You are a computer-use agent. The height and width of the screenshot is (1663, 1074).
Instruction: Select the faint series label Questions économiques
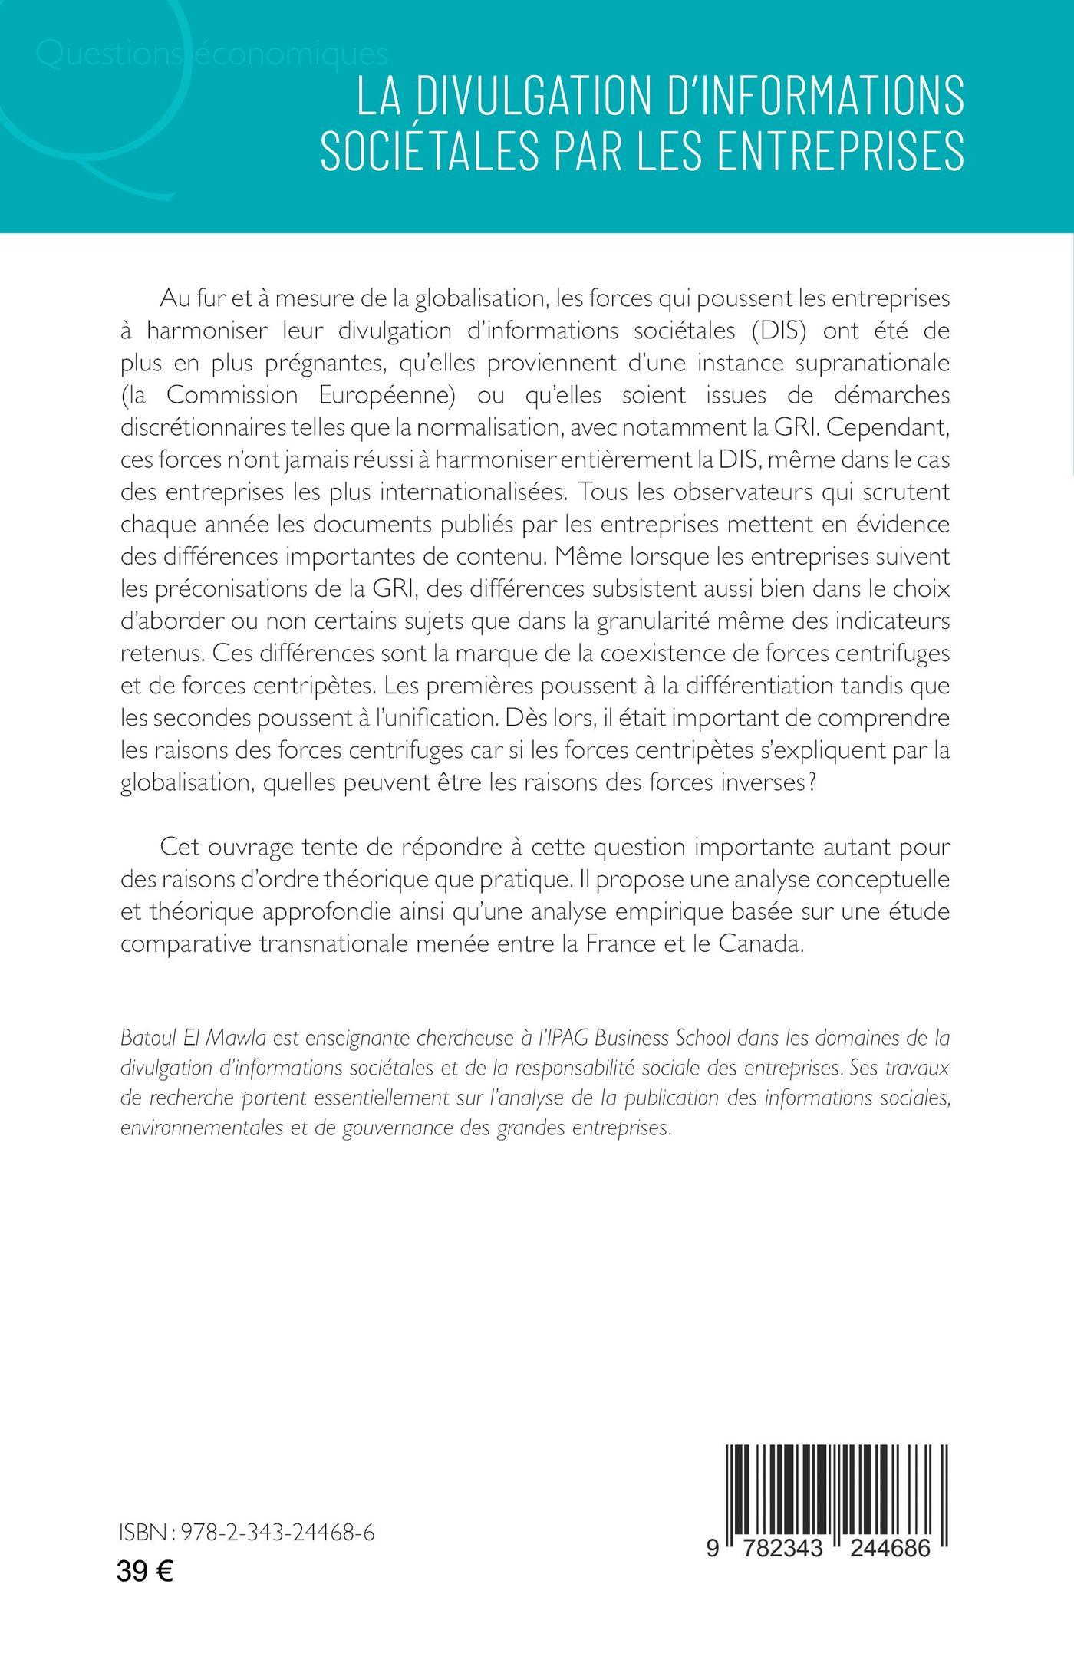[211, 56]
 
